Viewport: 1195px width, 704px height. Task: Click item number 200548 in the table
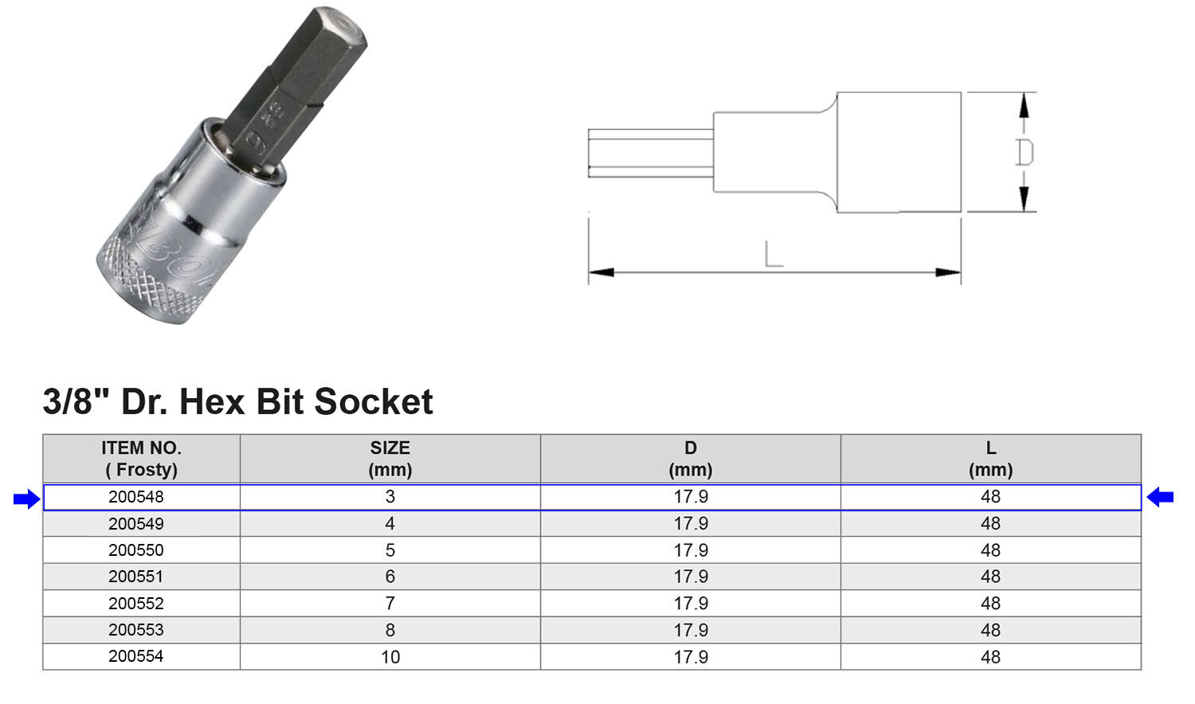click(136, 497)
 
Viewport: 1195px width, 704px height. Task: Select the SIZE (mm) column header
click(390, 459)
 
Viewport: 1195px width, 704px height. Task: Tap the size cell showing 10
click(390, 657)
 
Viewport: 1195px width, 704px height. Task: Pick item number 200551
click(136, 577)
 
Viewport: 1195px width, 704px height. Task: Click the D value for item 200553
click(691, 630)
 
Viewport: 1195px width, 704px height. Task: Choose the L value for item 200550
click(990, 550)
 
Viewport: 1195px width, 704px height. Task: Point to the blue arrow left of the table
click(26, 499)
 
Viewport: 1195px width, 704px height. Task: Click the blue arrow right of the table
click(1160, 498)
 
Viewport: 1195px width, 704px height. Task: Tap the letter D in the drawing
click(1025, 152)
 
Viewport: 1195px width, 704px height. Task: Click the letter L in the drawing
click(774, 254)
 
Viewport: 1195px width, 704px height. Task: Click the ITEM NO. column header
click(141, 459)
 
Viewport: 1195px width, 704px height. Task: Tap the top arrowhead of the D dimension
click(1025, 104)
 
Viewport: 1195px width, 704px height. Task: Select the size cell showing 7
click(390, 604)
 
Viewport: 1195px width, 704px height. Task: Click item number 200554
click(136, 657)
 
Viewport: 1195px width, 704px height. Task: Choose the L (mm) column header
click(990, 459)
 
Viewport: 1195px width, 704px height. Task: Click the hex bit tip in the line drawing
click(649, 153)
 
